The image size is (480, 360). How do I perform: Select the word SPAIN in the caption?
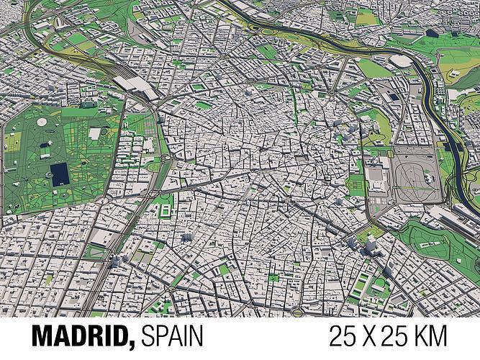pyautogui.click(x=172, y=336)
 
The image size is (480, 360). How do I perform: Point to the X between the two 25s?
pyautogui.click(x=379, y=336)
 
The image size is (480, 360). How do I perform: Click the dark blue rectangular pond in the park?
pyautogui.click(x=59, y=173)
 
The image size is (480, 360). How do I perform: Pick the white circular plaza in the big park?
pyautogui.click(x=41, y=122)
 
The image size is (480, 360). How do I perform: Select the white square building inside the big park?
pyautogui.click(x=94, y=134)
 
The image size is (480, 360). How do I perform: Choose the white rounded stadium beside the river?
pyautogui.click(x=403, y=62)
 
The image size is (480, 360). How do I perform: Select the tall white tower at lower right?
pyautogui.click(x=371, y=245)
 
